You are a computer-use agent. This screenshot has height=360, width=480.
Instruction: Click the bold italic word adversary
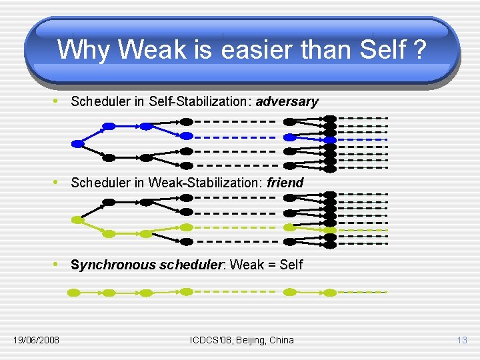[x=287, y=102]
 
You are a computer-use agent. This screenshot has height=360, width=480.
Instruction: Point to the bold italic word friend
[x=285, y=183]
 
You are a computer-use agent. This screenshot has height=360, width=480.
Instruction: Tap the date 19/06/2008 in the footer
[x=36, y=340]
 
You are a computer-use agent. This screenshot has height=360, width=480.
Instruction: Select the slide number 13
[x=462, y=340]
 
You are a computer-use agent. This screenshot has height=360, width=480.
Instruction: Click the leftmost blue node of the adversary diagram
[x=77, y=143]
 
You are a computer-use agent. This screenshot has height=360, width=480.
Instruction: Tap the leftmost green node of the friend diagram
[x=77, y=219]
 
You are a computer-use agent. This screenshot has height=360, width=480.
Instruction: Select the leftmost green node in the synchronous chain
[x=74, y=293]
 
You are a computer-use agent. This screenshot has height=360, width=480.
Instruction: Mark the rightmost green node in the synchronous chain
[x=330, y=293]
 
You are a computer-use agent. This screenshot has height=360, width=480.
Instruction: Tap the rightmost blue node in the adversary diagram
[x=330, y=140]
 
